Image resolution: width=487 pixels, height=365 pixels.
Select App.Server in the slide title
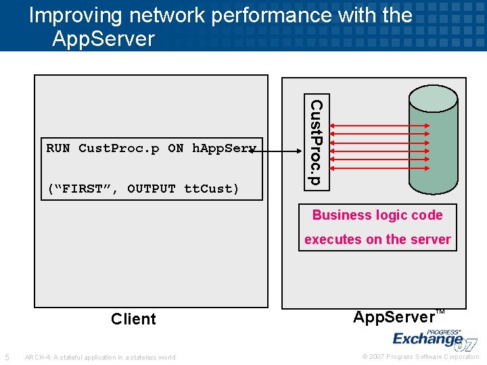coord(103,39)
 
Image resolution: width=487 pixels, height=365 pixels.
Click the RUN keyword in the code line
coord(57,148)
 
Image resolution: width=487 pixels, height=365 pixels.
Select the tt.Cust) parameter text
coord(212,189)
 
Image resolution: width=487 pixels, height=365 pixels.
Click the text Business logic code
coord(377,215)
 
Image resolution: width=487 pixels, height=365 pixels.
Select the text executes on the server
coord(377,239)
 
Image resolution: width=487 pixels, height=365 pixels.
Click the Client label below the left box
coord(133,319)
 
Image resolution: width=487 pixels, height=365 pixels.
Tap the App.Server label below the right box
coord(394,317)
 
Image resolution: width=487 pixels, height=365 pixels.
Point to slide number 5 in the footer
coord(7,357)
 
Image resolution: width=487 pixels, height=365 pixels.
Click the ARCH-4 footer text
coord(99,357)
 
